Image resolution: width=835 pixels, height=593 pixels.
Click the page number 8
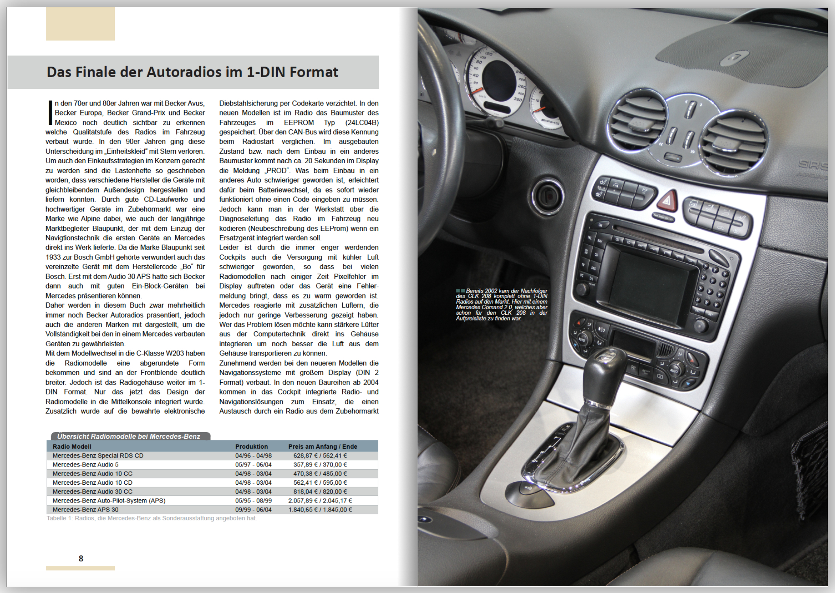81,558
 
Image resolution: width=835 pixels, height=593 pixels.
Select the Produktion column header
251,446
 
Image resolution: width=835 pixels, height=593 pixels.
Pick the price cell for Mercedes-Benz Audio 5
320,465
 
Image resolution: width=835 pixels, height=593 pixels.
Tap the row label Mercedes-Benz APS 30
85,510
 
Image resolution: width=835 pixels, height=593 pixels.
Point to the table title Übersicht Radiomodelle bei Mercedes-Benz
129,436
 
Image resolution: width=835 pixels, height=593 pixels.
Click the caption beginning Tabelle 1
152,518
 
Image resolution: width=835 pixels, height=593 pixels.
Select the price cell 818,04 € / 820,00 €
320,491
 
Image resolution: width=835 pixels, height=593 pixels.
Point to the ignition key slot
547,195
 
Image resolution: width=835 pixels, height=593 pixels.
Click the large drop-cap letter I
50,113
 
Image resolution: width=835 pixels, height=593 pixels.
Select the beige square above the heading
80,24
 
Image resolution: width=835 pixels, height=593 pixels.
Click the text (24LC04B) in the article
362,123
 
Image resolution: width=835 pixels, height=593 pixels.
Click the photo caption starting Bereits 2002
501,304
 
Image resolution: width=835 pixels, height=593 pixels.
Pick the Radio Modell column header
72,446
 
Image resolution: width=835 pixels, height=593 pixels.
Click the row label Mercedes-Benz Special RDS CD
98,455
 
